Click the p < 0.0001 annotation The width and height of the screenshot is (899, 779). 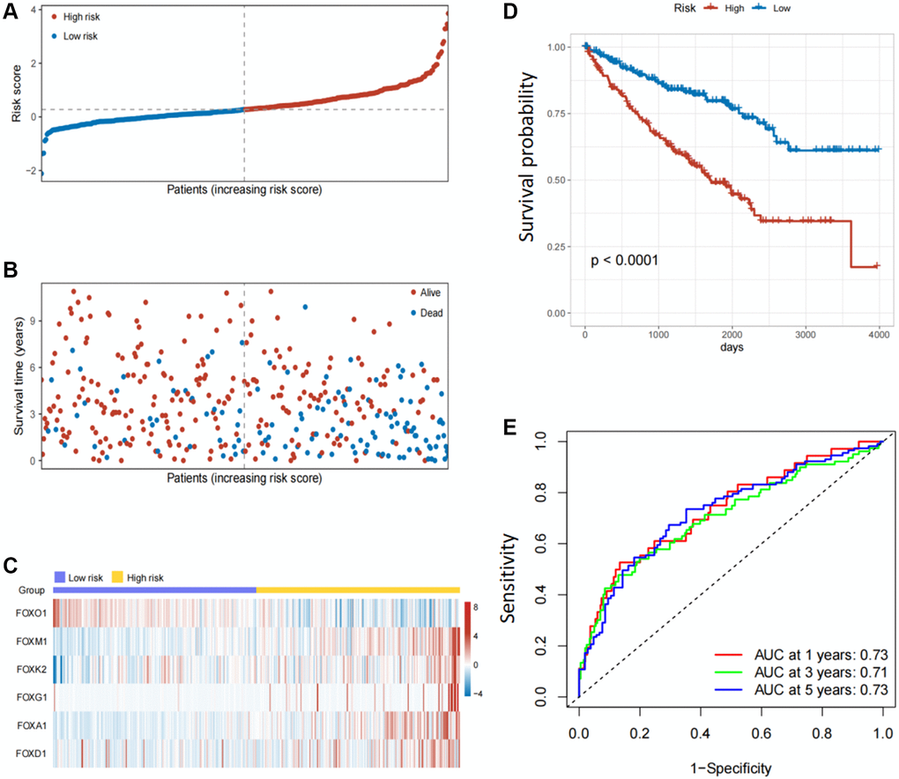[624, 262]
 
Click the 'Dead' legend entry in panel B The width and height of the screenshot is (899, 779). [432, 312]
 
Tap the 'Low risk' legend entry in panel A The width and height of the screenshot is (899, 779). [75, 36]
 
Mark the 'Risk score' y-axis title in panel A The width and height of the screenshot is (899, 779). [13, 93]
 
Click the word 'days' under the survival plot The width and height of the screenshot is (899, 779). [730, 349]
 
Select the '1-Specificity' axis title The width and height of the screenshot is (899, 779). [730, 768]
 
